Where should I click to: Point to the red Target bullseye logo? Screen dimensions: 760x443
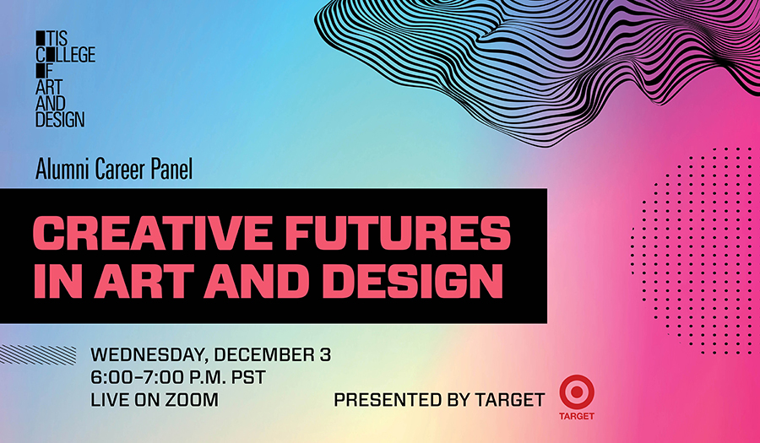[576, 392]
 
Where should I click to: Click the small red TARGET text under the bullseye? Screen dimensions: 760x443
[576, 416]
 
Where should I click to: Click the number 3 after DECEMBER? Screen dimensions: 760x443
[325, 355]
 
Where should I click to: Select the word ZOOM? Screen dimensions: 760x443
[192, 400]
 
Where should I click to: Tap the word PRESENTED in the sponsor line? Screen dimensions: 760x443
[386, 400]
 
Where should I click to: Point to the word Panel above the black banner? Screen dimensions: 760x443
[172, 169]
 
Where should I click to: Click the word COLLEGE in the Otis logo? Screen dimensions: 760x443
[65, 55]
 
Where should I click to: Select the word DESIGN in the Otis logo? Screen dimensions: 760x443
[60, 119]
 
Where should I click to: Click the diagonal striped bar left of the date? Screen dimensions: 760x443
[38, 355]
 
